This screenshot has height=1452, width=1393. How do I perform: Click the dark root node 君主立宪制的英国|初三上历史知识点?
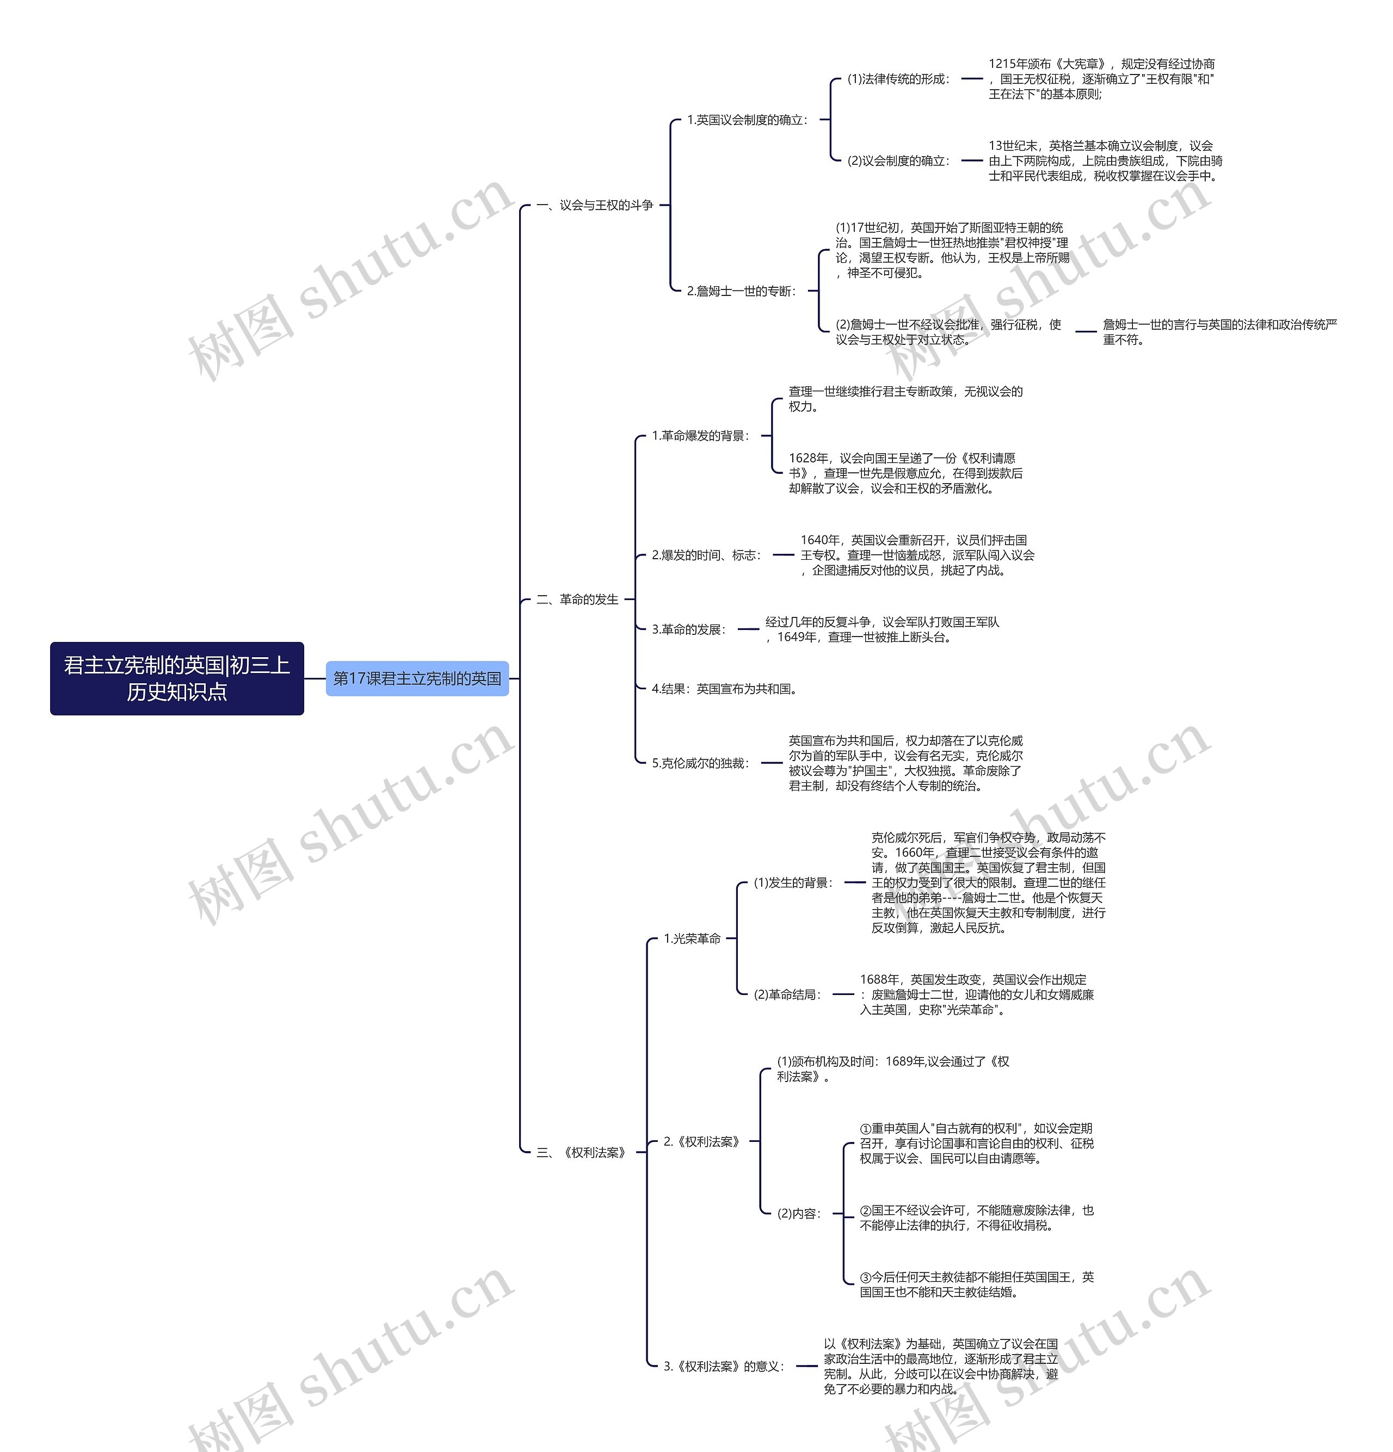point(176,678)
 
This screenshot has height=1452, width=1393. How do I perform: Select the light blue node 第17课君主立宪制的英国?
point(417,678)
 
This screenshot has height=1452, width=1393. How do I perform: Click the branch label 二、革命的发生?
point(577,600)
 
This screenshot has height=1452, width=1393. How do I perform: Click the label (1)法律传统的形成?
point(897,78)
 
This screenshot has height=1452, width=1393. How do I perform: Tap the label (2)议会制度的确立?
point(897,160)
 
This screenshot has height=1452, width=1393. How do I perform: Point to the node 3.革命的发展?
point(688,629)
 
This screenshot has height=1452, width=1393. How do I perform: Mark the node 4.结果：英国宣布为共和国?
point(724,689)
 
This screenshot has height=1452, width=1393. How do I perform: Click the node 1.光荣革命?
point(692,938)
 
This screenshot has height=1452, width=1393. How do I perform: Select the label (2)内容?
point(798,1214)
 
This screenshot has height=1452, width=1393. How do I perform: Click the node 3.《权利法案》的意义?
point(723,1366)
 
